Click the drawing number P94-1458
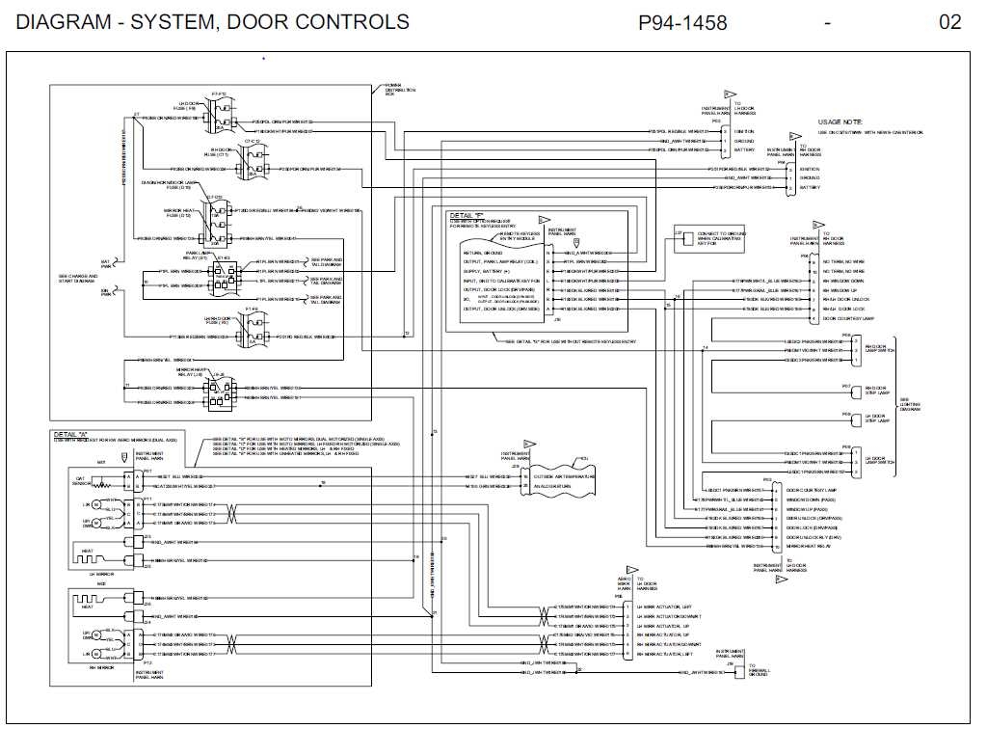tap(682, 22)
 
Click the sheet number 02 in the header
tap(949, 22)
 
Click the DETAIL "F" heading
tap(470, 215)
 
